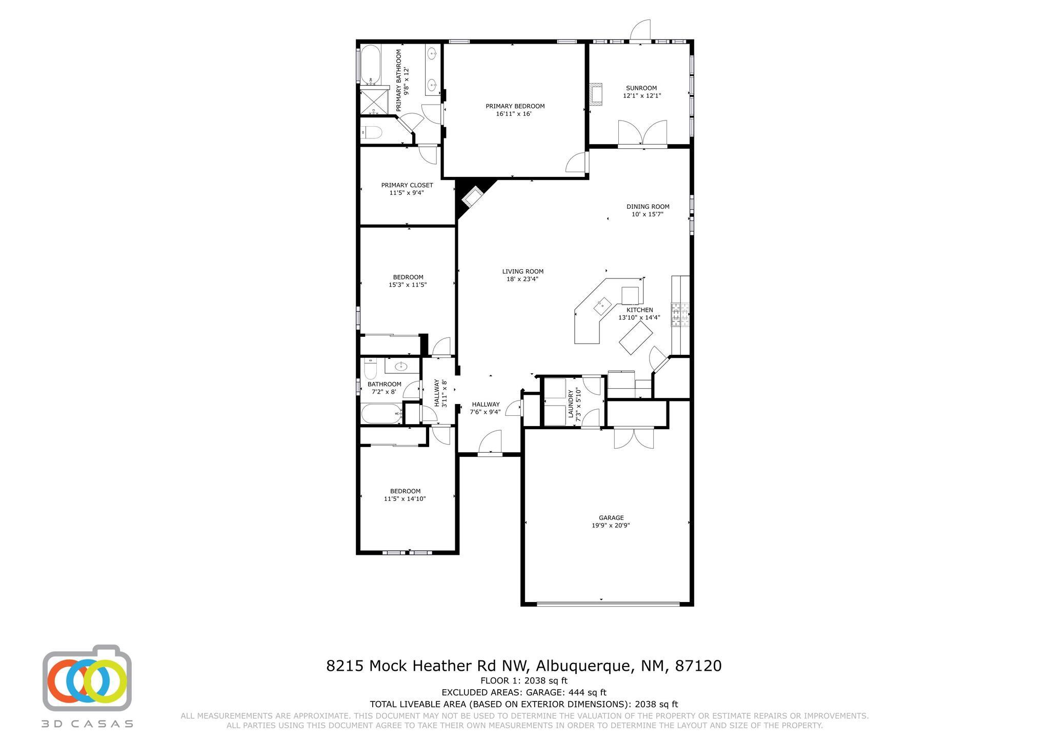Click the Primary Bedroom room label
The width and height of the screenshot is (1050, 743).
(515, 106)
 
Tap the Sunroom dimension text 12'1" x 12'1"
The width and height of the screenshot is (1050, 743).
(641, 96)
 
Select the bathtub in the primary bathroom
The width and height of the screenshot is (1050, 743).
(370, 65)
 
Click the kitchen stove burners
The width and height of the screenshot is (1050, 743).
(680, 315)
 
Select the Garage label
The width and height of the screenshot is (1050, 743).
(611, 518)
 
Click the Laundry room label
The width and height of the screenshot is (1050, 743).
(571, 403)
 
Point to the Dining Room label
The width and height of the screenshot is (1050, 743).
(648, 207)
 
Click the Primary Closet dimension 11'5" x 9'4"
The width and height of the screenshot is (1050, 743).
(407, 193)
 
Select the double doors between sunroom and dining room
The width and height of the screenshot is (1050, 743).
(642, 133)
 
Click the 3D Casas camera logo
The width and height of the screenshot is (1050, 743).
(87, 678)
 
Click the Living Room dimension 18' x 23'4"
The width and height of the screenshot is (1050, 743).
(522, 279)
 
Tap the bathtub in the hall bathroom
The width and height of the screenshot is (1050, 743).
(381, 413)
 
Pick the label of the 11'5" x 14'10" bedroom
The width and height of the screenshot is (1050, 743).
(405, 491)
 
